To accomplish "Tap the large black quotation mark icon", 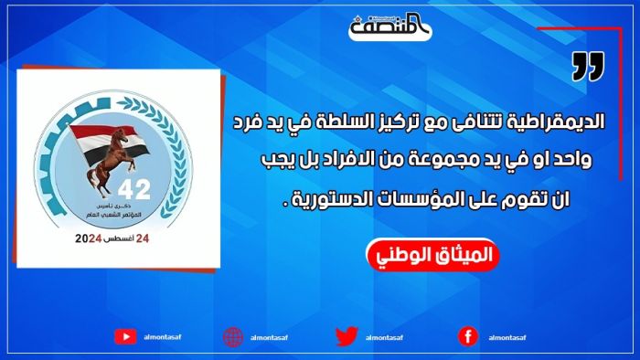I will coord(589,67).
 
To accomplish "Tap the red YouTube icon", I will coord(125,336).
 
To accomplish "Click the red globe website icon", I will coord(233,336).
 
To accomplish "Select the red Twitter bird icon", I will coord(346,335).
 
